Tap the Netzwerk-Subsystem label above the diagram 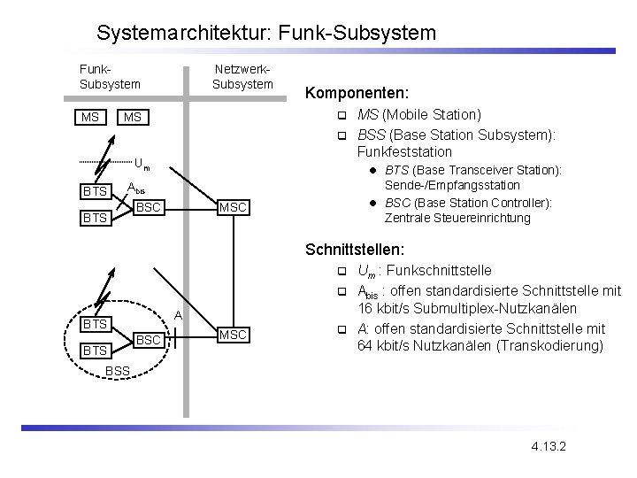tap(242, 77)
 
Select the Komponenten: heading tap(355, 91)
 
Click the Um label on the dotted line tap(142, 164)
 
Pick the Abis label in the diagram tap(135, 188)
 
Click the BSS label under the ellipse tap(117, 369)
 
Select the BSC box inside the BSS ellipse tap(148, 339)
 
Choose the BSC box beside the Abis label tap(148, 207)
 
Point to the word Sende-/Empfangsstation tap(452, 185)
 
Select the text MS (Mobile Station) tap(419, 114)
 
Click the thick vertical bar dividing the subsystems tap(186, 239)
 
